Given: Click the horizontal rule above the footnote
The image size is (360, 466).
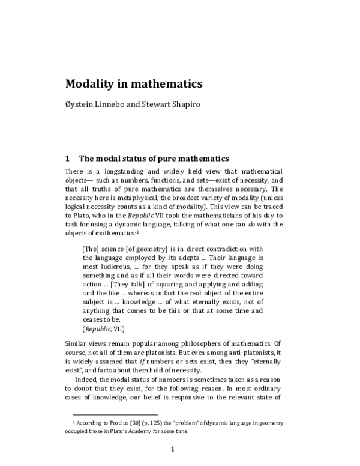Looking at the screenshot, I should tap(115, 414).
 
